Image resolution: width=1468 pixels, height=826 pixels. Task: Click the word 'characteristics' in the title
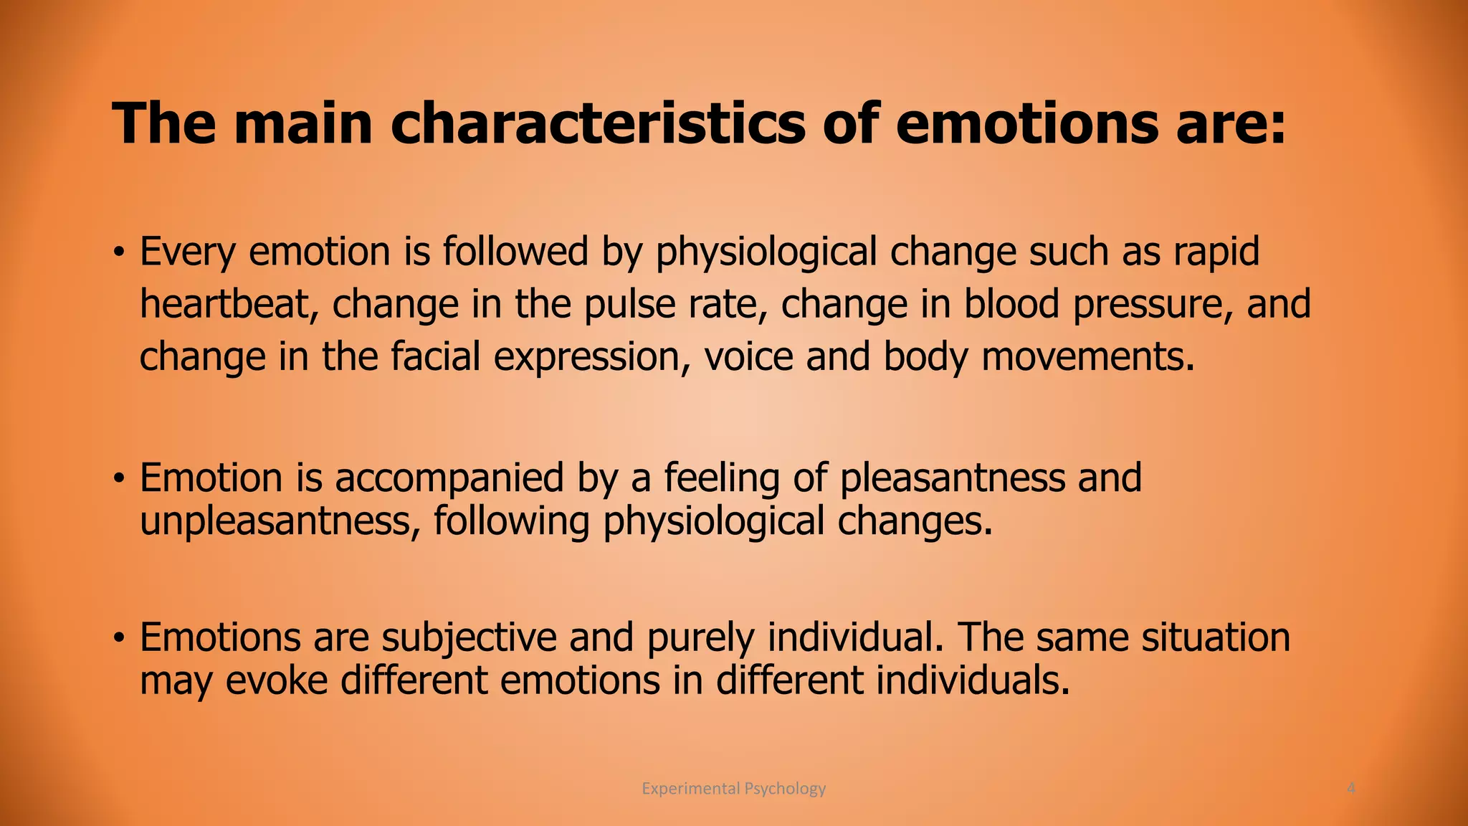pos(598,123)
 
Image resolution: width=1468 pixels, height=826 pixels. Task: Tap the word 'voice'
pos(748,356)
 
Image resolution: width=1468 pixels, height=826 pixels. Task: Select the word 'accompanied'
pos(449,478)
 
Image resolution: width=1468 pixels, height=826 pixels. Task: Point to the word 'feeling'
pos(721,478)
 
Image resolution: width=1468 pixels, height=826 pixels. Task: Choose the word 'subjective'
pos(469,637)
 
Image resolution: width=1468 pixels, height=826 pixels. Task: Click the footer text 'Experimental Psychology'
pos(733,789)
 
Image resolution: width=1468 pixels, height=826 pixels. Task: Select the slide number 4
pos(1351,789)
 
